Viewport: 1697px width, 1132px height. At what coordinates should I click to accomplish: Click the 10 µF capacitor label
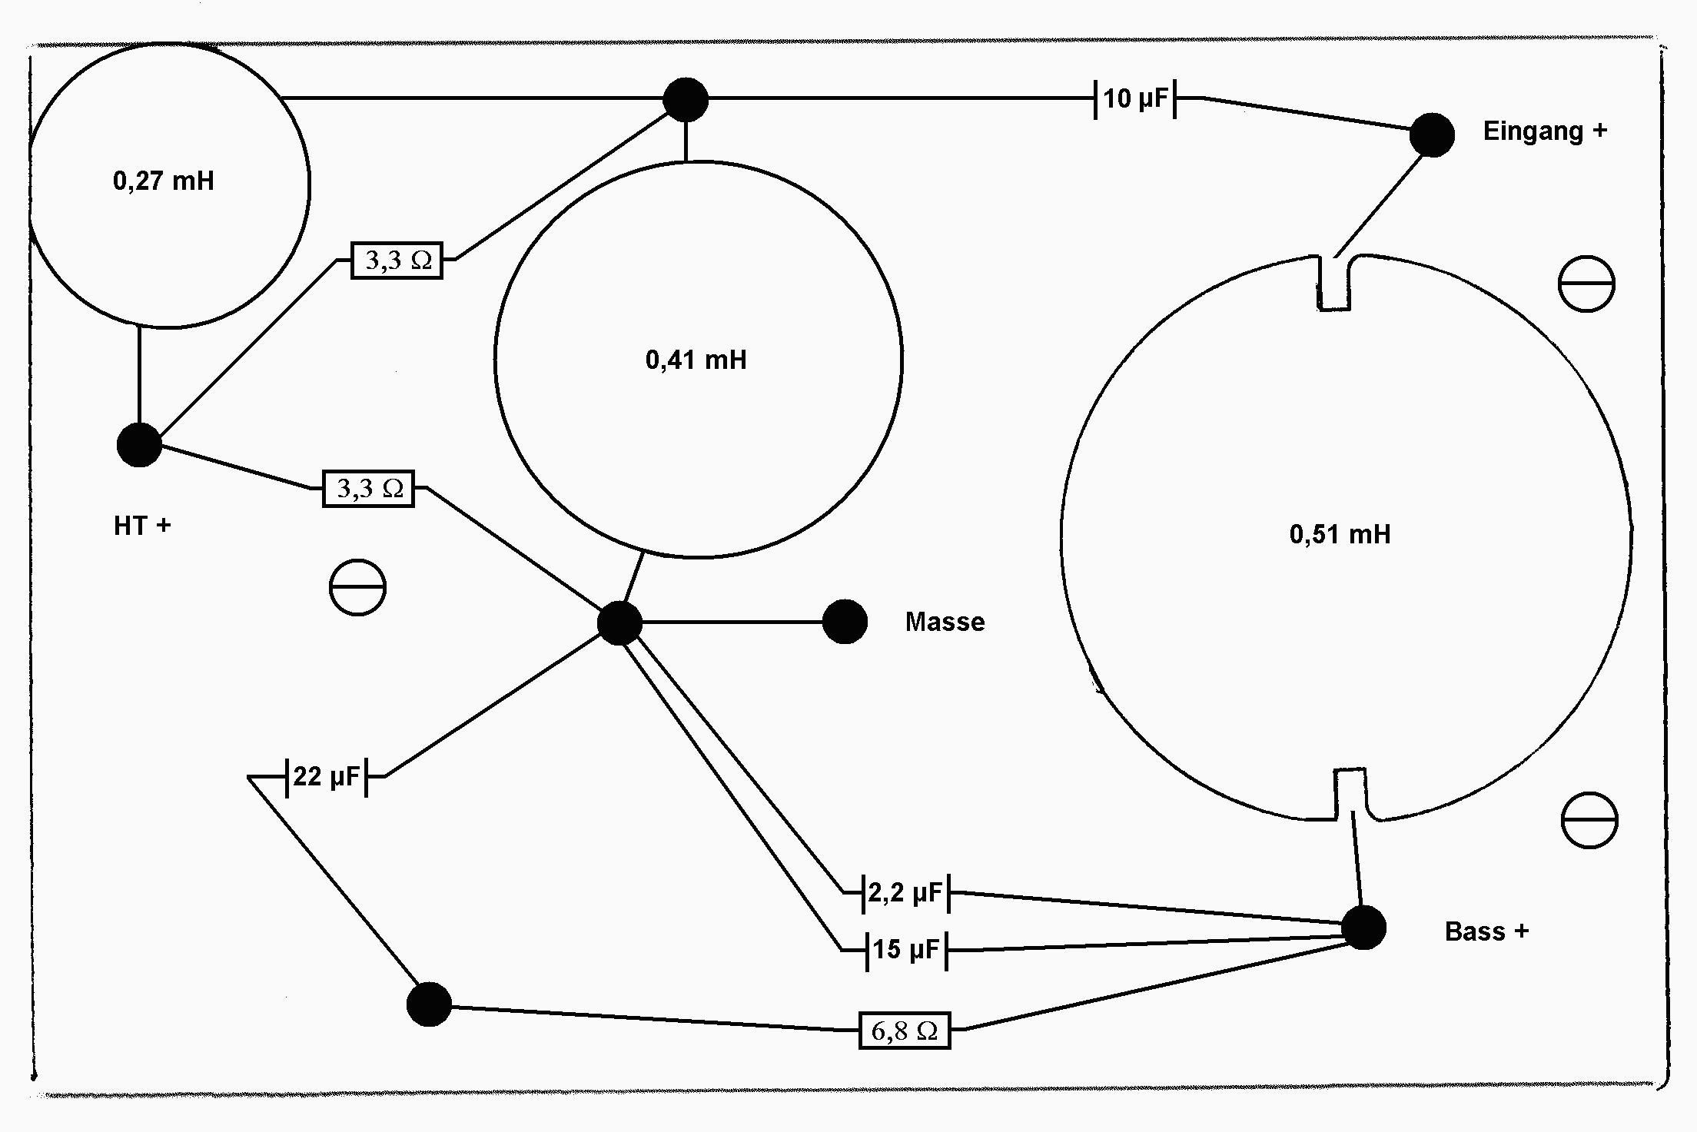[x=1135, y=98]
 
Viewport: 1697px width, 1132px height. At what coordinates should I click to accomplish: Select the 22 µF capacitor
[x=327, y=777]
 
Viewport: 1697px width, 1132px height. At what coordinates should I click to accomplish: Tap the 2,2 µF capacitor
[x=905, y=893]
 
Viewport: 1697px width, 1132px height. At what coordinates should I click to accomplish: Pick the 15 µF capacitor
[x=907, y=950]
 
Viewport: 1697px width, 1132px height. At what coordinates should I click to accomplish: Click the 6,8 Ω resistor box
[x=905, y=1031]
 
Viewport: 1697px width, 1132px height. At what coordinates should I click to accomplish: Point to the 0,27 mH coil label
[x=164, y=181]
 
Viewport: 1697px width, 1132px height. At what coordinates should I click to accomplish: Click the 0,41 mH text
[x=696, y=360]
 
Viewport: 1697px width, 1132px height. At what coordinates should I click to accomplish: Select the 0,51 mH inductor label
[x=1340, y=534]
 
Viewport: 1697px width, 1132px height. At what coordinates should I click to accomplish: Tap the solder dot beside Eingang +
[x=1432, y=135]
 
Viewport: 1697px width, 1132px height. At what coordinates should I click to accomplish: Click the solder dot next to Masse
[x=845, y=622]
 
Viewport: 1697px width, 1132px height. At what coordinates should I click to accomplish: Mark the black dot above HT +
[x=139, y=444]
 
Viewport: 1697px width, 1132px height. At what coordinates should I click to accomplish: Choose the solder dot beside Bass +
[x=1363, y=928]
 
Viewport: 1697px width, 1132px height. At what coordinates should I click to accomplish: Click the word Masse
[x=945, y=622]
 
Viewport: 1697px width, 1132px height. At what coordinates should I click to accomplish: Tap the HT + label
[x=142, y=526]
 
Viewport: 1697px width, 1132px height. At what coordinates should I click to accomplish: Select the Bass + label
[x=1486, y=931]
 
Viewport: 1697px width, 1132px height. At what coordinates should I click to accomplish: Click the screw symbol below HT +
[x=357, y=587]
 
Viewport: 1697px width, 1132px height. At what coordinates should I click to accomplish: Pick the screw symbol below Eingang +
[x=1586, y=284]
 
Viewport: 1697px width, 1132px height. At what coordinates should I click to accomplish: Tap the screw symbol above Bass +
[x=1589, y=820]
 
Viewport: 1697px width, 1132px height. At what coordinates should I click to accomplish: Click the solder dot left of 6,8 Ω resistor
[x=429, y=1004]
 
